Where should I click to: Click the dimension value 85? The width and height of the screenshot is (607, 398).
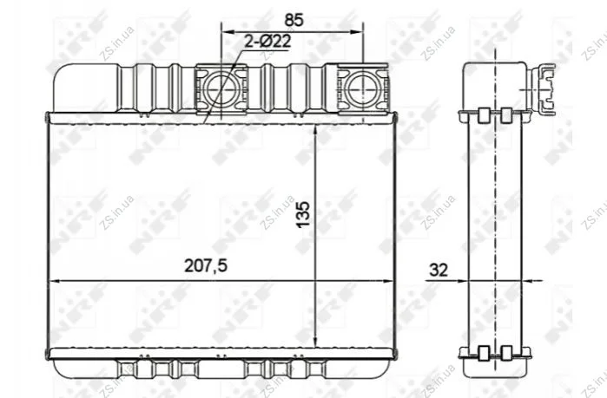click(294, 20)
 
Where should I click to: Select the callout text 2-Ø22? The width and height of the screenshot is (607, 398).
click(267, 42)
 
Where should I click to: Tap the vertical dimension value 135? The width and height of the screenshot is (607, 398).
click(304, 213)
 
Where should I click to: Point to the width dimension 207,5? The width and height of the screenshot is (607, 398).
click(206, 265)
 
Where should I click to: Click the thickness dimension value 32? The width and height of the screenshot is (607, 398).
click(439, 270)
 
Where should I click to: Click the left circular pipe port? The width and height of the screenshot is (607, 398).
click(221, 88)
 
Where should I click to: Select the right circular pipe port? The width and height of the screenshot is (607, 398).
click(363, 88)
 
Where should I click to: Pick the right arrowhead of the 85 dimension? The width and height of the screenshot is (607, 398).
click(357, 31)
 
